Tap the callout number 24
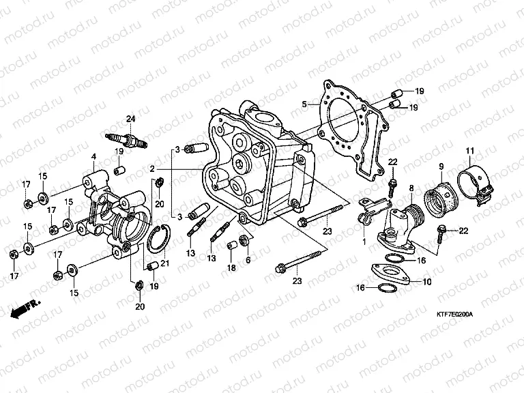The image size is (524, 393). click(130, 120)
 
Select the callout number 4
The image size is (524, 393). click(93, 156)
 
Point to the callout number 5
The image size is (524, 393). click(305, 104)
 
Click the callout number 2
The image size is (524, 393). click(153, 168)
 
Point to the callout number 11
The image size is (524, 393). click(469, 150)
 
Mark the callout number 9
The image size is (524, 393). click(441, 166)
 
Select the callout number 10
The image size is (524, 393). click(427, 281)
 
